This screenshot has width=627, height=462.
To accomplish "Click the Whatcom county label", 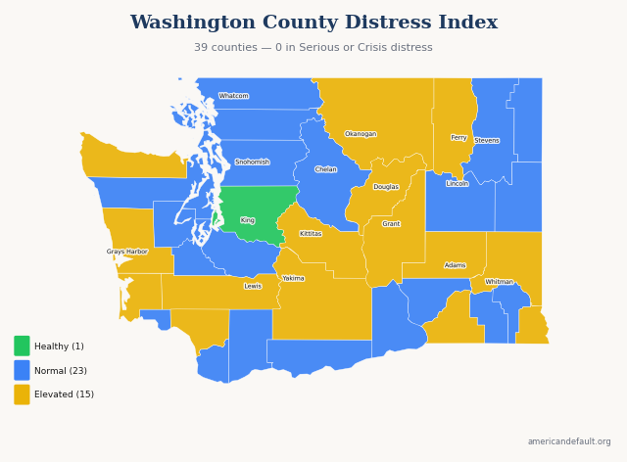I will [233, 96].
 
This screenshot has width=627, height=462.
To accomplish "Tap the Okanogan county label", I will [361, 134].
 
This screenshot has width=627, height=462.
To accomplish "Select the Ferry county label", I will [458, 138].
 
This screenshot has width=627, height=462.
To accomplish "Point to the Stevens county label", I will [487, 141].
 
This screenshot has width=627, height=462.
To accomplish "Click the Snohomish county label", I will [252, 162].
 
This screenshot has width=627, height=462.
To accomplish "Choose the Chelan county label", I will [326, 169].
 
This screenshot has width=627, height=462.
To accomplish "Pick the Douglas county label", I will [386, 187].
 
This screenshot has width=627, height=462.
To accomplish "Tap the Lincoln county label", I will [458, 184].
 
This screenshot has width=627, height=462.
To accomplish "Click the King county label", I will [248, 220].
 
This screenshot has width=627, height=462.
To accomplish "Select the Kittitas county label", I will [311, 234].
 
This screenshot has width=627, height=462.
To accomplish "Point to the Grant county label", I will [391, 224].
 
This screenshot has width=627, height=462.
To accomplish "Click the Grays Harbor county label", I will [127, 252].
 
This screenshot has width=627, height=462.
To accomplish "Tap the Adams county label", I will [456, 265].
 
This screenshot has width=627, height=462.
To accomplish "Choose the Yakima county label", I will [294, 278].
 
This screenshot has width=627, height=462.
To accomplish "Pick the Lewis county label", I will [253, 286].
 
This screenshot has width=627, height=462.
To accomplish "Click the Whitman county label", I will [500, 282].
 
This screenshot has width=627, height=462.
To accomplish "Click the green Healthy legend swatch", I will [22, 346].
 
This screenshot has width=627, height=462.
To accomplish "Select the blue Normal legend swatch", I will [22, 370].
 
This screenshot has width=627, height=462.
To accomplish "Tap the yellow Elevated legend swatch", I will [22, 394].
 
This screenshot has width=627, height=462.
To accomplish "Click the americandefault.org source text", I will [569, 441].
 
